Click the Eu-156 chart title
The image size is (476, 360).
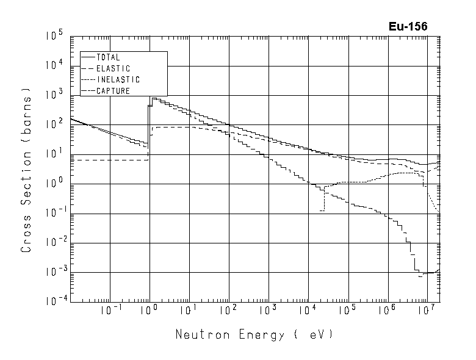pos(408,26)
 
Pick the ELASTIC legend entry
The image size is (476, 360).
pos(113,68)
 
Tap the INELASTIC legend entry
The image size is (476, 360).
pos(118,79)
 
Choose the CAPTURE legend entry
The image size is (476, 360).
pos(113,90)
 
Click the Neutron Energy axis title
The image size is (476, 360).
pos(254,335)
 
